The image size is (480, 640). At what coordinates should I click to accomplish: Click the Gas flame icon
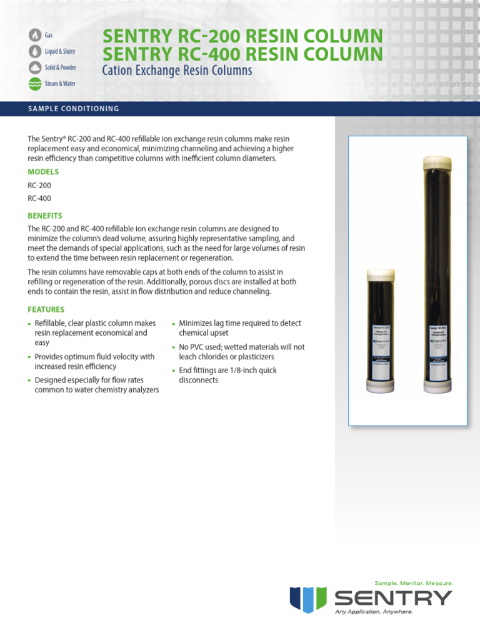coord(34,36)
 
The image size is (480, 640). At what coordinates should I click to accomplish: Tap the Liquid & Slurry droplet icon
coord(34,51)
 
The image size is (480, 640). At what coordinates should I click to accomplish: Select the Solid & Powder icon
coord(34,67)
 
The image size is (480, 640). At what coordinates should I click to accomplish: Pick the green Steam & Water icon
coord(34,82)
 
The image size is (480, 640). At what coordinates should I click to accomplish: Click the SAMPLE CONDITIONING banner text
coord(74,109)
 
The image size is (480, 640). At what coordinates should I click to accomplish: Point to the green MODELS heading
coord(43,172)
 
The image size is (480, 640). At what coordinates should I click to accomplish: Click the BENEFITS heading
coord(45,216)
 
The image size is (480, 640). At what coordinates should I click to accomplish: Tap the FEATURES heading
coord(46,309)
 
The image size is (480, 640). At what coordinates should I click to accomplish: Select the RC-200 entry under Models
coord(39,186)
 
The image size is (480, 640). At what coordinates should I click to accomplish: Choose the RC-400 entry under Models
coord(39,199)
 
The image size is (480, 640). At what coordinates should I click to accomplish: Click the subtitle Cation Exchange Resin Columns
coord(177,71)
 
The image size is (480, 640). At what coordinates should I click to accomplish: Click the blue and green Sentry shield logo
coord(308,599)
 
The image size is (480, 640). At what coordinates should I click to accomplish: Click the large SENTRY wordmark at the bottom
coord(393,598)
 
